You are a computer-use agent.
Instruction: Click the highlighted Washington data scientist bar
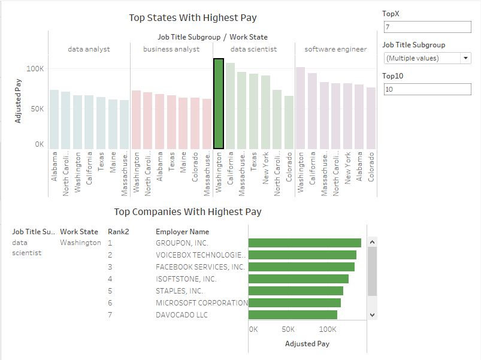tap(219, 103)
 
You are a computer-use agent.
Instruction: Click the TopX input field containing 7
tap(428, 28)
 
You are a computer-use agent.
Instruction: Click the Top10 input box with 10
tap(428, 89)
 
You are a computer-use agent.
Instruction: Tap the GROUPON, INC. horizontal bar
tap(305, 243)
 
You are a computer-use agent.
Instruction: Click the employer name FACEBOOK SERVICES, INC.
tap(200, 267)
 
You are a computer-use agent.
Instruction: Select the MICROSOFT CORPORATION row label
tap(202, 302)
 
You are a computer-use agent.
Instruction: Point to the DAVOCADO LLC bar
tap(293, 314)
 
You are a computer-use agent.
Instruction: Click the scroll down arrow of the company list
tap(372, 314)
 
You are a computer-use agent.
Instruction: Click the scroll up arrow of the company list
tap(372, 243)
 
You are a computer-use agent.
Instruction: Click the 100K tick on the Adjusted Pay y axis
tap(35, 68)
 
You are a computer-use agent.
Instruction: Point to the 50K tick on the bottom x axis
tap(288, 329)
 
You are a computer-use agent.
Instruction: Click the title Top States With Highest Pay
tap(193, 17)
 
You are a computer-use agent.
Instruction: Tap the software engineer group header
tap(335, 49)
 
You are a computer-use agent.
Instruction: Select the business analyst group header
tap(171, 49)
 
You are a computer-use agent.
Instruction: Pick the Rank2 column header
tap(119, 231)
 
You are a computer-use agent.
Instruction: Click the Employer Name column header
tap(182, 231)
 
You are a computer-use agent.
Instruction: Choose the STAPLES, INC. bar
tap(296, 291)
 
